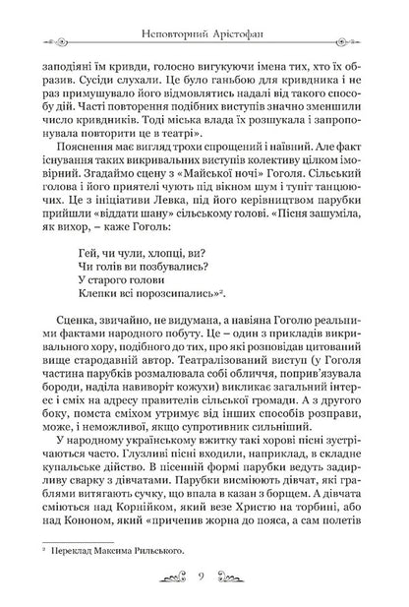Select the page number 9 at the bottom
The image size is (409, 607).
click(204, 574)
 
